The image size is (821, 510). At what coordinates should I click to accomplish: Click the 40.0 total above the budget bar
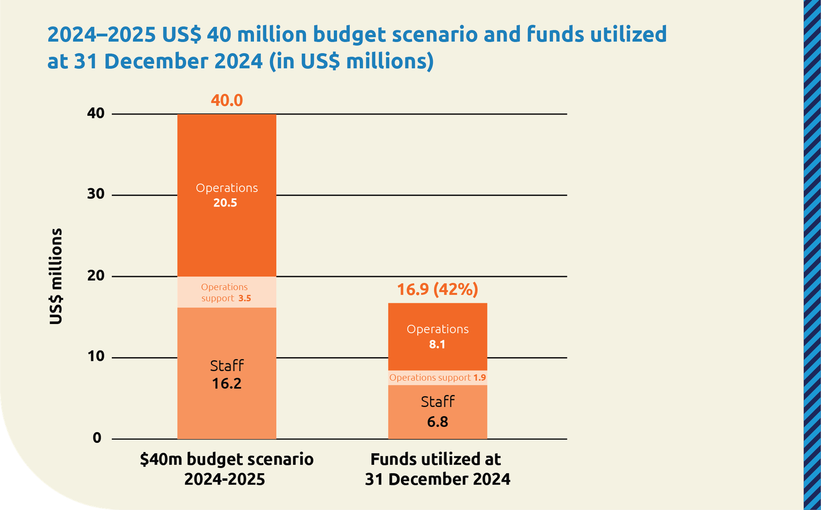click(227, 100)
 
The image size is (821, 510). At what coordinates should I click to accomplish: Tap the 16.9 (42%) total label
click(437, 290)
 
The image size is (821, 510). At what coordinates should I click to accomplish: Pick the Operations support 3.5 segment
click(227, 292)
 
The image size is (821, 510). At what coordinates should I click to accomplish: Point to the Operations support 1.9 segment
click(437, 378)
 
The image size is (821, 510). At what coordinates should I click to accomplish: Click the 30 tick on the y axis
click(95, 194)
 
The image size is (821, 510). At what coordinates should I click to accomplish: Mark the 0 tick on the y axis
click(97, 438)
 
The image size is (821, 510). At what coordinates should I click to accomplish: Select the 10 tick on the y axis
click(95, 357)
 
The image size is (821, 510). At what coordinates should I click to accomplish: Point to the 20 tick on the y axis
click(95, 276)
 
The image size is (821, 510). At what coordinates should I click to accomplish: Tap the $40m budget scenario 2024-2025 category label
click(226, 469)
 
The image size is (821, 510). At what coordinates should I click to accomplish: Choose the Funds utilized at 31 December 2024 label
click(437, 469)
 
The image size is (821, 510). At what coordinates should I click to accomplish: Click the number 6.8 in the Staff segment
click(437, 422)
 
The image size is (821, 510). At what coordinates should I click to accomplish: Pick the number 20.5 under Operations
click(225, 203)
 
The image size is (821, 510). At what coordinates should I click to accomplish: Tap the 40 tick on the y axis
click(95, 113)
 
